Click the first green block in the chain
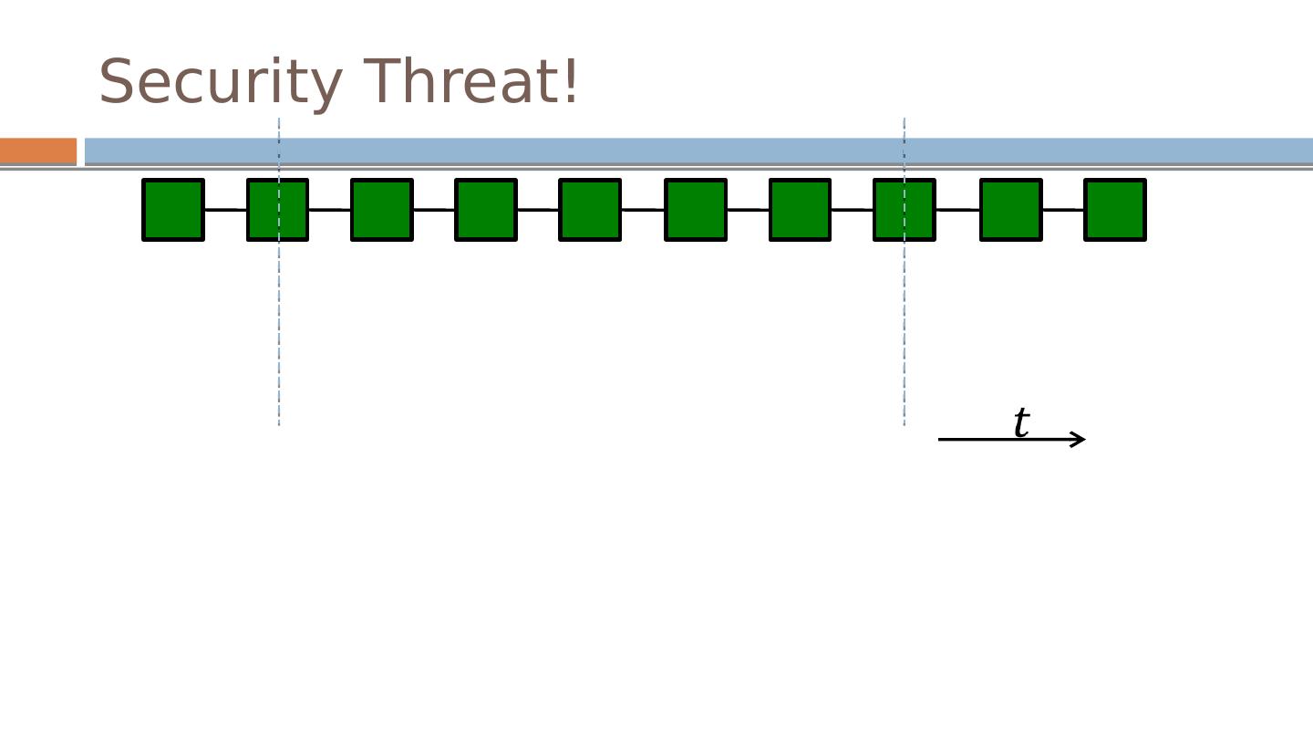pos(173,210)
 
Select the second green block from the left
pos(277,210)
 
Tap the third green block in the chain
pos(382,210)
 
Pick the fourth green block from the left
pos(486,210)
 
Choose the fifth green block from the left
pos(590,210)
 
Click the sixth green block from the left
pos(696,210)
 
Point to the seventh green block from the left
pos(800,210)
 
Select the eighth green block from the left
pos(905,210)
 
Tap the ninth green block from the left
pos(1010,210)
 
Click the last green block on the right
pos(1114,210)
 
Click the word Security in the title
pos(220,82)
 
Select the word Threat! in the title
pos(470,82)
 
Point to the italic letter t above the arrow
pos(1021,422)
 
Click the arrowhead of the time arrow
pos(1080,440)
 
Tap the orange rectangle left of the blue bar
pos(38,151)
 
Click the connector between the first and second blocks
pos(225,210)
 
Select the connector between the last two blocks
pos(1062,210)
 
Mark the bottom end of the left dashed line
pos(279,423)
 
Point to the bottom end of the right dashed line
pos(905,423)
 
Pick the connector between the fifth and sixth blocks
pos(643,210)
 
